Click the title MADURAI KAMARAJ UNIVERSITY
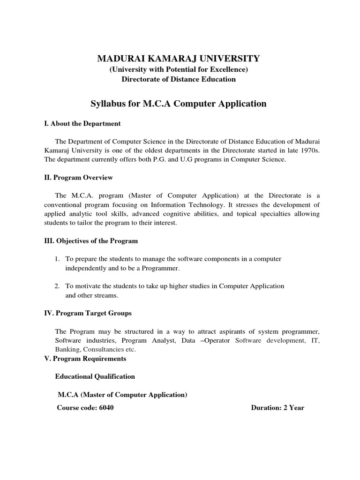pyautogui.click(x=178, y=59)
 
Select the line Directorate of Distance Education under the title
pyautogui.click(x=179, y=79)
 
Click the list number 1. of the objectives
pyautogui.click(x=57, y=259)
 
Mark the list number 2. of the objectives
pyautogui.click(x=57, y=286)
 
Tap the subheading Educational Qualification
pyautogui.click(x=95, y=376)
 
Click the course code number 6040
pyautogui.click(x=106, y=407)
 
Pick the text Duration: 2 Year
pyautogui.click(x=277, y=407)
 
